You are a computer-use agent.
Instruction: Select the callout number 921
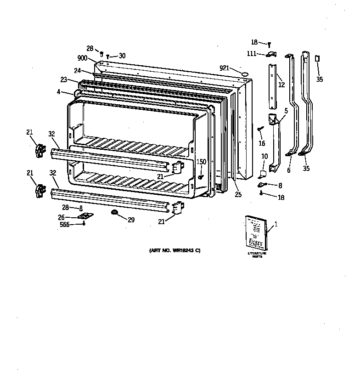pos(224,68)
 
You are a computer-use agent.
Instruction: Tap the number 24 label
pos(78,71)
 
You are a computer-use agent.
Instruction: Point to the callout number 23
pos(64,79)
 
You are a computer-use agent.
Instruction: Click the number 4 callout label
pos(59,92)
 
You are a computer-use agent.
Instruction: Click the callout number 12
pos(281,85)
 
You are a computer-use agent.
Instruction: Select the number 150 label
pos(201,162)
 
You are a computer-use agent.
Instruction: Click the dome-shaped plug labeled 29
pos(113,212)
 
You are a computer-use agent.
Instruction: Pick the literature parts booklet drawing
pos(255,233)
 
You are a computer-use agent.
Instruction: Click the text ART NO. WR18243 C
pos(175,250)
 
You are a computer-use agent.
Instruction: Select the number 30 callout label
pos(122,56)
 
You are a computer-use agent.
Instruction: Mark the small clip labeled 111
pos(271,54)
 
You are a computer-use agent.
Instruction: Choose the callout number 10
pos(264,157)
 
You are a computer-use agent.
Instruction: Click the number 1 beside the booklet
pos(276,225)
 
